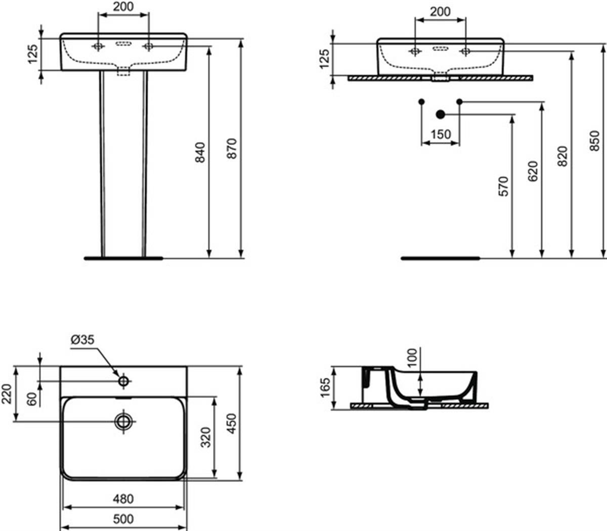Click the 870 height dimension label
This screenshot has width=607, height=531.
(x=232, y=148)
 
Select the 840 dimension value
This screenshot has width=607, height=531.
(x=200, y=153)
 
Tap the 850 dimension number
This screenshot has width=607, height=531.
(x=594, y=141)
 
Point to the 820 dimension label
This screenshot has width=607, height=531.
(x=562, y=156)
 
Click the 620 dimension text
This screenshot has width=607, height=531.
(x=533, y=171)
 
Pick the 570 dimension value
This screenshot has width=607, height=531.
(x=503, y=186)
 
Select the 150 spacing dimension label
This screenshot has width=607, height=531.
(x=441, y=135)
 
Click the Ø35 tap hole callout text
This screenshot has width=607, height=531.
(x=83, y=340)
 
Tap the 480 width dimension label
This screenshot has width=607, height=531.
(x=123, y=499)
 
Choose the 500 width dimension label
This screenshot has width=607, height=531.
(x=123, y=519)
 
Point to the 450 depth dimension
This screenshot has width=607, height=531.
(x=232, y=423)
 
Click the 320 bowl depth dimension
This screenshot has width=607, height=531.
(x=205, y=437)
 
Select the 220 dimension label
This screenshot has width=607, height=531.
(x=7, y=394)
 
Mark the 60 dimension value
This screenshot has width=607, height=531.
(x=32, y=399)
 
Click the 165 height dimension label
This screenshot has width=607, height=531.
(x=325, y=387)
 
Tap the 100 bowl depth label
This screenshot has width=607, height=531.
(x=412, y=358)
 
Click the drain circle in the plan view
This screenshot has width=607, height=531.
(x=124, y=421)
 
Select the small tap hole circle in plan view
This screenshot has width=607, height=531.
(x=123, y=381)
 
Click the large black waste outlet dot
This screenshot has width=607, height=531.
(x=441, y=114)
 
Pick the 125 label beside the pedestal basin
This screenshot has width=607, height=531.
(x=33, y=54)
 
